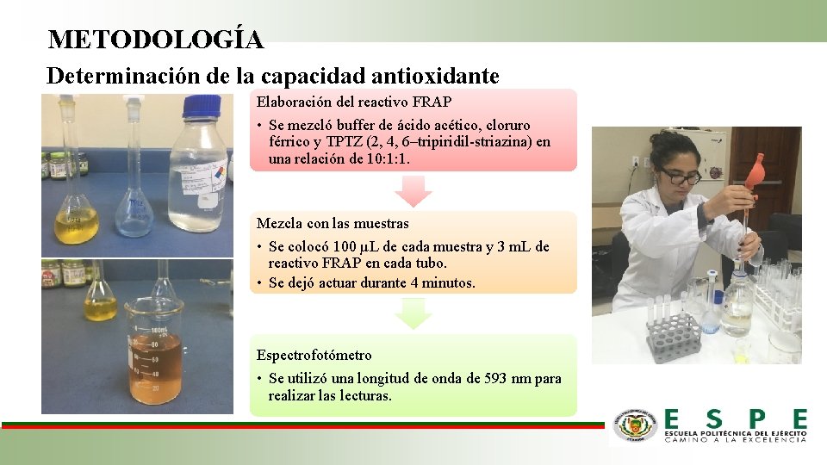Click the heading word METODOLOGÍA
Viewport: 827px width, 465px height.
pos(156,40)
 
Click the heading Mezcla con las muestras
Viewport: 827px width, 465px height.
pos(333,224)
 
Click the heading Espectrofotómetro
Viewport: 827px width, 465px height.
pos(314,355)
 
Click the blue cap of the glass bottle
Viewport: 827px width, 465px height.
pos(202,108)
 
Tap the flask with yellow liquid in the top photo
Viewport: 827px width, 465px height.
pos(77,215)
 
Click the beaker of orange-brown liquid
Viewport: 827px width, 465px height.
pos(154,353)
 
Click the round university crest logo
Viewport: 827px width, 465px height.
pos(635,425)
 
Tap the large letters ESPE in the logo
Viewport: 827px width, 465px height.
pos(736,420)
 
